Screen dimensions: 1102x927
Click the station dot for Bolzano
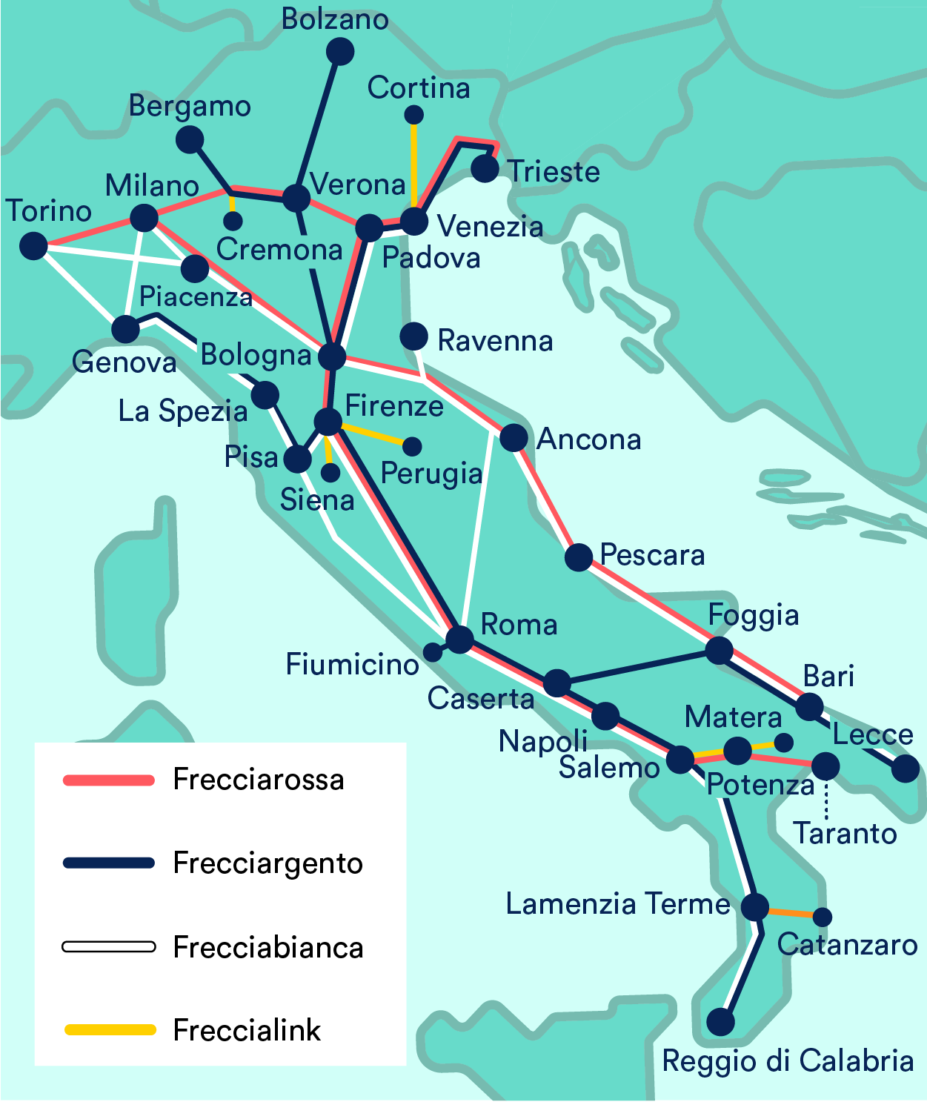coord(340,51)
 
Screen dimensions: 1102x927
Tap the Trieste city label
coord(554,171)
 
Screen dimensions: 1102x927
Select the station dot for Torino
coord(33,245)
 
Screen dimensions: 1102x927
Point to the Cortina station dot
coord(413,115)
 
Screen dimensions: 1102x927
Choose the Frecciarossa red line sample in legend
coord(109,780)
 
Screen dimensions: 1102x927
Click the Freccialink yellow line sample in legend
coord(109,1029)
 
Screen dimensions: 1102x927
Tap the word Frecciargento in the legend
coord(268,863)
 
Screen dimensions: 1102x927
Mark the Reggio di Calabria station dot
coord(720,1022)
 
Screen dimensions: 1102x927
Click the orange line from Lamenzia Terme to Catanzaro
coord(790,912)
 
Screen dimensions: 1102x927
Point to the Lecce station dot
coord(905,769)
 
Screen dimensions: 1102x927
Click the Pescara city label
coord(652,555)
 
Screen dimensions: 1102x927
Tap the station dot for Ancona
coord(514,437)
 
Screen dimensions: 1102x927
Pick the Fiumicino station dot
coord(432,652)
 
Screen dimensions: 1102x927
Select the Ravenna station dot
coord(413,336)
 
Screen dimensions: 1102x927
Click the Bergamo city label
coord(190,106)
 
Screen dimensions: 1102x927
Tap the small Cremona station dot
coord(233,221)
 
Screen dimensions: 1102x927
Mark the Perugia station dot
coord(412,446)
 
